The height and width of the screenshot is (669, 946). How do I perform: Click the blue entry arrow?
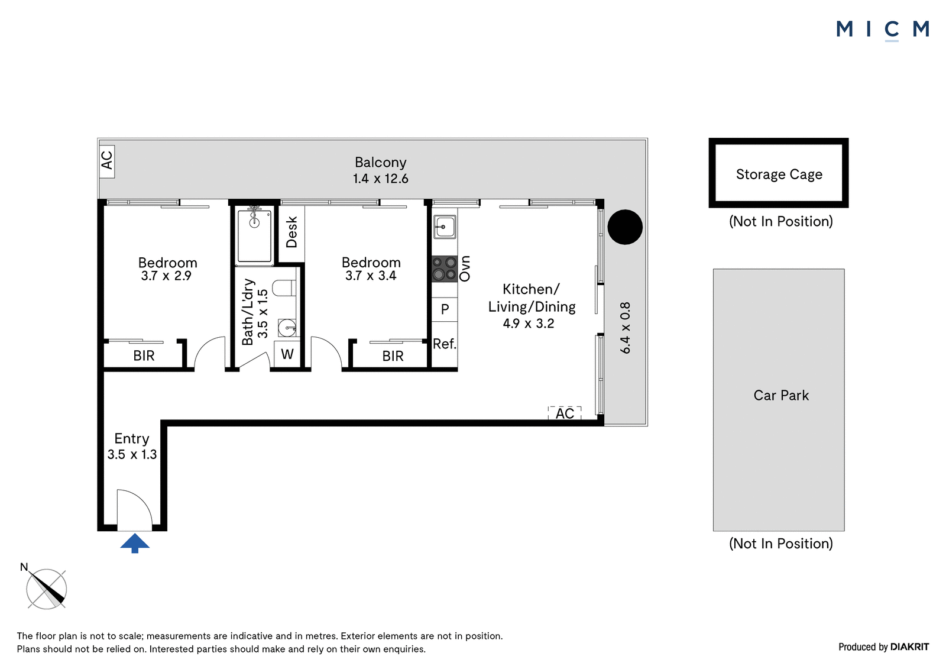point(135,543)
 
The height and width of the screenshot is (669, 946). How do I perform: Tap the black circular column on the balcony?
point(625,227)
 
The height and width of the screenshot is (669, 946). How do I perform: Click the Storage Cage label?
point(779,174)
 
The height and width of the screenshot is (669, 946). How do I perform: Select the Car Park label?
point(781,395)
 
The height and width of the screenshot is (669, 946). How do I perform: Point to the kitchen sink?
point(445,227)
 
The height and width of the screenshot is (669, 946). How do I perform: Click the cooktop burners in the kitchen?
point(445,269)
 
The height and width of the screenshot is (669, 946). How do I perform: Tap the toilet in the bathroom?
point(284,288)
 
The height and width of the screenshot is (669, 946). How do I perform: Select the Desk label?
point(292,232)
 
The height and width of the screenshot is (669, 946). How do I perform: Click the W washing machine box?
point(287,354)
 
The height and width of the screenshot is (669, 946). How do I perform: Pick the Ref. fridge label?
point(445,344)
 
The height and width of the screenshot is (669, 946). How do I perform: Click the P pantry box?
point(445,309)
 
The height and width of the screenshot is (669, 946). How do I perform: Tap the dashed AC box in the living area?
point(565,413)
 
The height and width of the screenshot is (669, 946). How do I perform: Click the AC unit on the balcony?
point(107,161)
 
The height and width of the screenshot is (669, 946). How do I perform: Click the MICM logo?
point(883,30)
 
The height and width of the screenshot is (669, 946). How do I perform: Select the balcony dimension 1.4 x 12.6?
point(381,179)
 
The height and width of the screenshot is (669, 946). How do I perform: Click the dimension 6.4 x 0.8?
point(625,328)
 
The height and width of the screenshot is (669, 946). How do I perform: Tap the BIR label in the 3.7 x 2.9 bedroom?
point(144,356)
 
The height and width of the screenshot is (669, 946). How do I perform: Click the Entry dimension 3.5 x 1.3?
point(132,454)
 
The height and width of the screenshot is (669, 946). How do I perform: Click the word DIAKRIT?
point(910,647)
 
